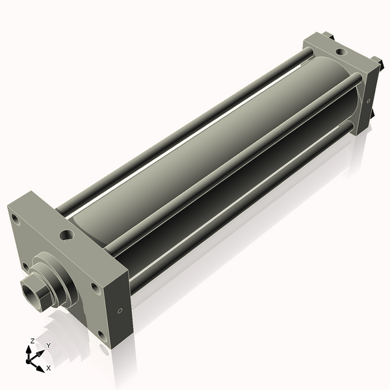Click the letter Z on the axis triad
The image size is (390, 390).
(32, 341)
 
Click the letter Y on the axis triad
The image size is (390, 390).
(49, 346)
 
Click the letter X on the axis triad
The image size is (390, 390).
(48, 368)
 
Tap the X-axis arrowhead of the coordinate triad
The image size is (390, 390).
(40, 369)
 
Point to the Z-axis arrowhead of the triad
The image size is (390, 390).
(29, 350)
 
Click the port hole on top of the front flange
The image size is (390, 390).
(67, 235)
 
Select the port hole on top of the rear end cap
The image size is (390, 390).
(341, 52)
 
